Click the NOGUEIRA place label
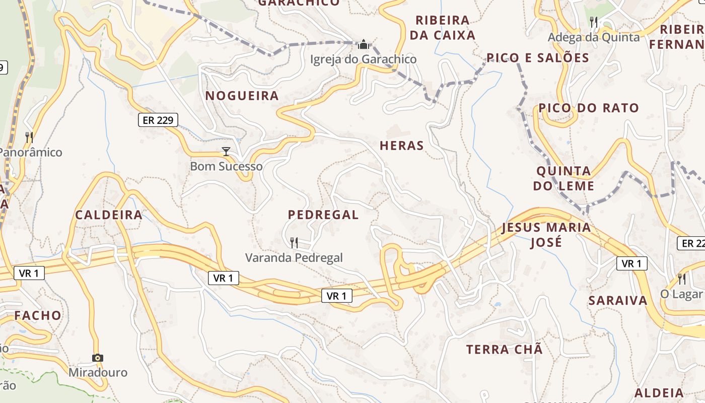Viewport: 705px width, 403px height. pos(242,96)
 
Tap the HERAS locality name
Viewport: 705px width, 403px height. pos(402,146)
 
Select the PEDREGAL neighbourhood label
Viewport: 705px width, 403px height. pos(323,215)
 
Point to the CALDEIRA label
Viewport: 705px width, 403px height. pos(109,215)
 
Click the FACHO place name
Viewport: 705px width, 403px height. pos(38,316)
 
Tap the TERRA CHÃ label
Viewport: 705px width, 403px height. pos(505,350)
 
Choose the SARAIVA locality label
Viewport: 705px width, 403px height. pos(618,301)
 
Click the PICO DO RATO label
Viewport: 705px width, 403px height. pos(589,108)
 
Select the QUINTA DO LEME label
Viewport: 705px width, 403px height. pos(563,178)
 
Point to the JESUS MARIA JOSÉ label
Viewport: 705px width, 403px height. pos(546,235)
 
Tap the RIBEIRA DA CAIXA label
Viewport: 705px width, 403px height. pos(443,28)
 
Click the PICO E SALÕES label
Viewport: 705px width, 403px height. pos(538,58)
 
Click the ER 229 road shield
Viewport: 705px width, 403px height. pos(158,120)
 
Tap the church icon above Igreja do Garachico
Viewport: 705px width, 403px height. pos(363,45)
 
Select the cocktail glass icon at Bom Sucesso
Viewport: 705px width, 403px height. pos(226,151)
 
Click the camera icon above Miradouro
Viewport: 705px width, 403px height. pos(98,358)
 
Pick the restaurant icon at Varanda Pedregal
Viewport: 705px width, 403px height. pos(294,243)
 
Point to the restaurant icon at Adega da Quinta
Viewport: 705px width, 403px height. pos(594,22)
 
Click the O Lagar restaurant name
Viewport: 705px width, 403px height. pos(681,294)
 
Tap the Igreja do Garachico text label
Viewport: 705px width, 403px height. pos(363,59)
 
